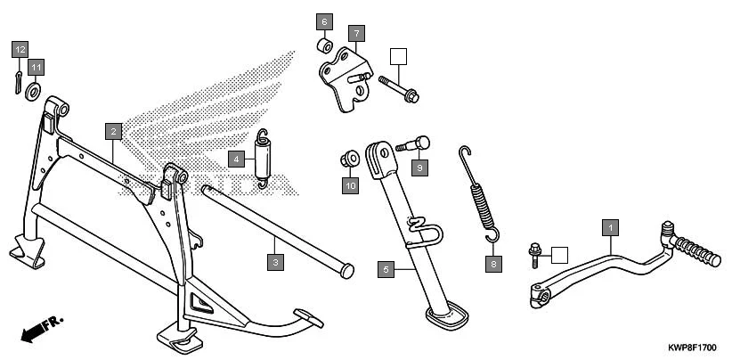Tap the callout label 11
[35, 67]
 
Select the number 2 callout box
[112, 131]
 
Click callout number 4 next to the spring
[236, 160]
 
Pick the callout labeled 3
[276, 261]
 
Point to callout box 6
[324, 20]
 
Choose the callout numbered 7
[355, 35]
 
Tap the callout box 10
[350, 185]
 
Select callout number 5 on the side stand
[385, 267]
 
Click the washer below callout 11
[34, 89]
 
